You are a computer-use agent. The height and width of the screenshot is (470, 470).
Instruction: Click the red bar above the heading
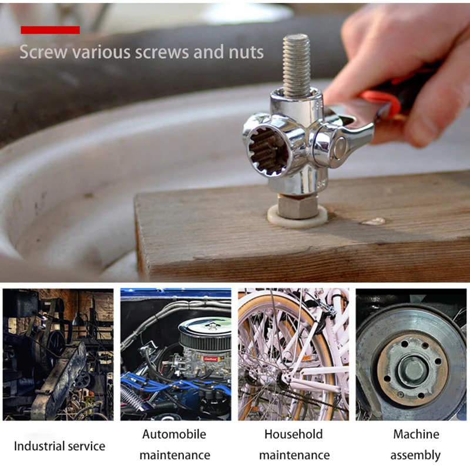(x=50, y=30)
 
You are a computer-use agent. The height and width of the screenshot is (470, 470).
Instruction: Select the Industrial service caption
(x=59, y=446)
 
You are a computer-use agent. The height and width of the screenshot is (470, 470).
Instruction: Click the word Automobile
(x=174, y=435)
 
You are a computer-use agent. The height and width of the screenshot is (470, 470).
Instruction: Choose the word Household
(x=293, y=435)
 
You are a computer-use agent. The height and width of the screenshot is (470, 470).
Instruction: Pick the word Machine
(x=416, y=435)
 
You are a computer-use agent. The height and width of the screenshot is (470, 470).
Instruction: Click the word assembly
(x=415, y=455)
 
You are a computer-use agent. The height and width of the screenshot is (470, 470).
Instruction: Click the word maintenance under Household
(x=294, y=455)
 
